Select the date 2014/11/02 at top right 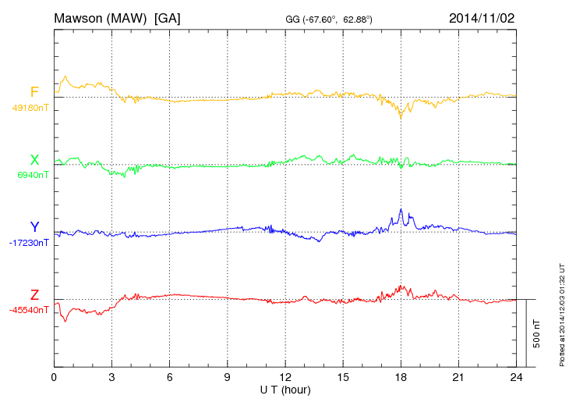[x=482, y=17]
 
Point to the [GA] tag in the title [x=167, y=17]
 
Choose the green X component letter [x=34, y=160]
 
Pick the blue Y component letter [x=34, y=227]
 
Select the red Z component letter [x=34, y=295]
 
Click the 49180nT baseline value [x=30, y=108]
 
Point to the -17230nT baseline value [x=30, y=243]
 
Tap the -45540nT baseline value [x=30, y=310]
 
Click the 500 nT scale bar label [x=537, y=333]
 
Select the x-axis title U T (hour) [x=285, y=389]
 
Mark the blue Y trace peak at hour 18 [x=401, y=209]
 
